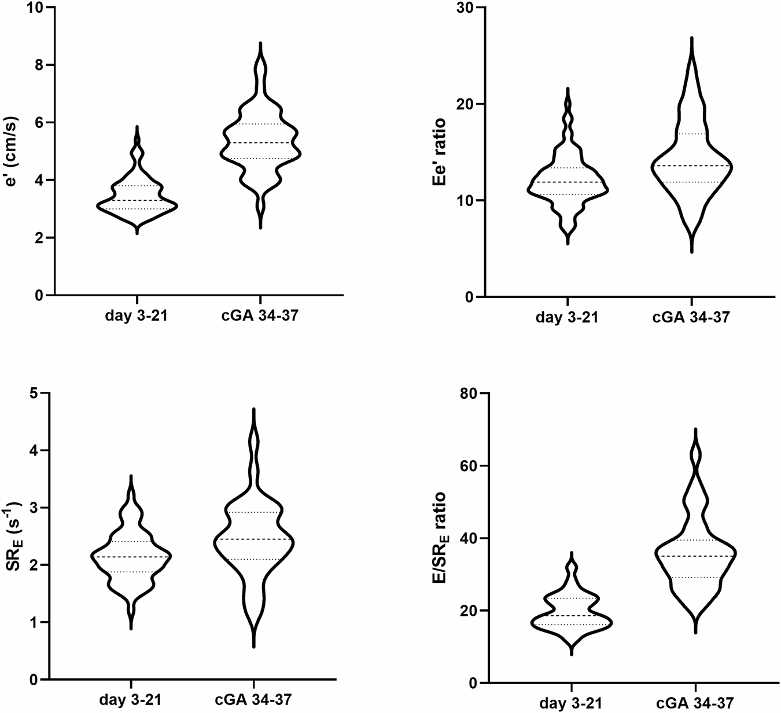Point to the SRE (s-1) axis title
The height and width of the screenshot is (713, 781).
[13, 536]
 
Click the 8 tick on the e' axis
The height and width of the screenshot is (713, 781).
[39, 65]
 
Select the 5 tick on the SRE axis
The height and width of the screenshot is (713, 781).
[39, 394]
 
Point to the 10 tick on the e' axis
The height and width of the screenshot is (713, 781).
[35, 8]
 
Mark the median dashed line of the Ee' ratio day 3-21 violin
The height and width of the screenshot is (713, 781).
[568, 182]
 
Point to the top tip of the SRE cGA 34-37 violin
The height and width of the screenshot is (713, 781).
[254, 409]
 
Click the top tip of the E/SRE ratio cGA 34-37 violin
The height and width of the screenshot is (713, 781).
[696, 429]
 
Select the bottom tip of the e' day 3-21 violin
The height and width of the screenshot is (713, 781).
[137, 233]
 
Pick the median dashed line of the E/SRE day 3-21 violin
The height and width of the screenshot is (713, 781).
[572, 615]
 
